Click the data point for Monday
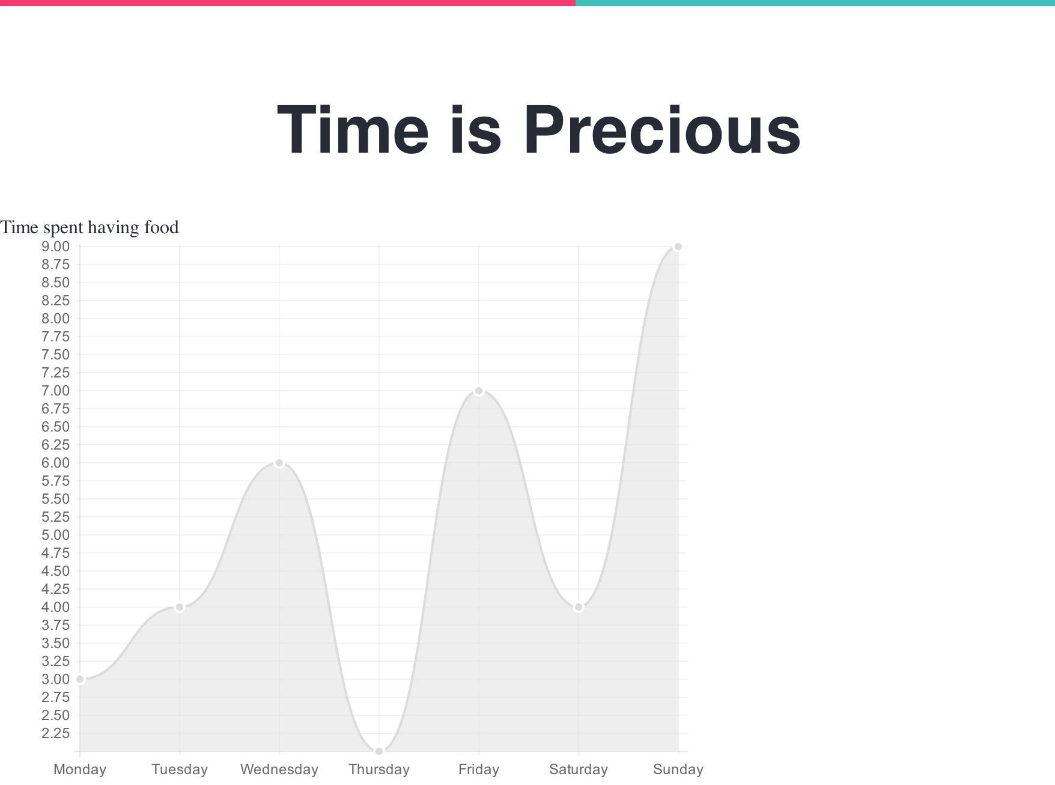point(80,679)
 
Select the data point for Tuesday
point(180,607)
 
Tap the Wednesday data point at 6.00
point(279,463)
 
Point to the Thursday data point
point(379,751)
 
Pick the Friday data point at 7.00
point(479,391)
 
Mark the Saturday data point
point(579,607)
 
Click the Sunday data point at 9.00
point(678,246)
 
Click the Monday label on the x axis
point(80,769)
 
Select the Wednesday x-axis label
point(279,769)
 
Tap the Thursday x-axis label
point(379,769)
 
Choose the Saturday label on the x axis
point(579,769)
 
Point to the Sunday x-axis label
point(678,769)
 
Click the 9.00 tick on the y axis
point(55,246)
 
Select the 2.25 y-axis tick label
point(55,733)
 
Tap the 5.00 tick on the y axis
point(55,535)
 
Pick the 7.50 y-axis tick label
point(55,355)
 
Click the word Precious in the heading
point(662,130)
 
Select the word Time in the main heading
point(353,130)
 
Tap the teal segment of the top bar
point(815,3)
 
